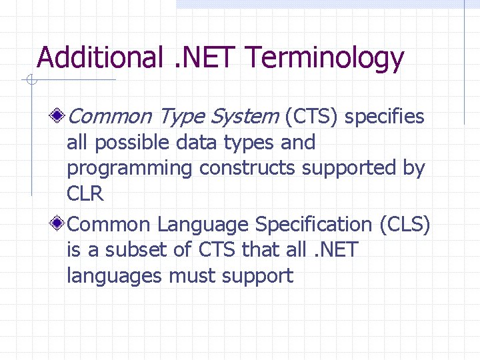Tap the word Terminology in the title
tap(325, 59)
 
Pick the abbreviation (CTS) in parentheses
tap(312, 117)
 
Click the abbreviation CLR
tap(85, 194)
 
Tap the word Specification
tap(312, 225)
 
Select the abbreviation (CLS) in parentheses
tap(405, 225)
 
